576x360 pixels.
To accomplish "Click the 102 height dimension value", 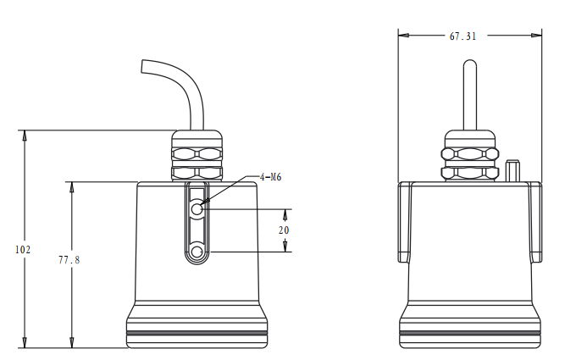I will (x=23, y=250).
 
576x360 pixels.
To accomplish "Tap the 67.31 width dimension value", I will (x=463, y=36).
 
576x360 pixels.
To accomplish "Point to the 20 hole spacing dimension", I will (x=284, y=230).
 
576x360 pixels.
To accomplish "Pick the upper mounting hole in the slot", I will (x=197, y=208).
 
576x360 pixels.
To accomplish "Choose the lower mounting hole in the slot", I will (x=197, y=252).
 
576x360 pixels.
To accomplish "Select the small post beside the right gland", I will (x=512, y=170).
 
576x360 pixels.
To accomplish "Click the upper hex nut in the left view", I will (x=197, y=154).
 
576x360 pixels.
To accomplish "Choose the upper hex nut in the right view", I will (x=469, y=153).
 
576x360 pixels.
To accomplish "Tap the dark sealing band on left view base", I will (x=197, y=334).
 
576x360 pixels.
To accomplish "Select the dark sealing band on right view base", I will (x=469, y=334).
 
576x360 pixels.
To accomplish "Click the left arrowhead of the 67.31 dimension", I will (x=403, y=36).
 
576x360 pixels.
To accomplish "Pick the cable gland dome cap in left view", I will (x=197, y=136).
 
